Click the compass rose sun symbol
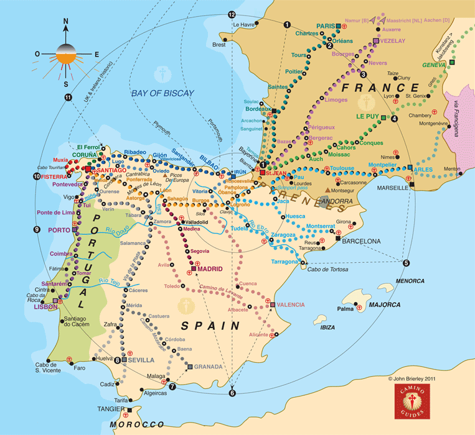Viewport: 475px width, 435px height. [x=66, y=55]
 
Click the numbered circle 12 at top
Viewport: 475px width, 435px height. [x=232, y=14]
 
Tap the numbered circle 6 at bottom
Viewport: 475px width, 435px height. [x=232, y=393]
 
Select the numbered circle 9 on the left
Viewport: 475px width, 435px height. [x=37, y=229]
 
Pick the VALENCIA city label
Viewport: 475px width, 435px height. [x=291, y=304]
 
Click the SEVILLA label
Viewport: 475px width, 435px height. [x=142, y=360]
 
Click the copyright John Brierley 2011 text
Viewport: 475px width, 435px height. [x=416, y=377]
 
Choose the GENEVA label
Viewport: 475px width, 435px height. [x=434, y=65]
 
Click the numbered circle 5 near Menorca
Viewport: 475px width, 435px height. [x=406, y=263]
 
